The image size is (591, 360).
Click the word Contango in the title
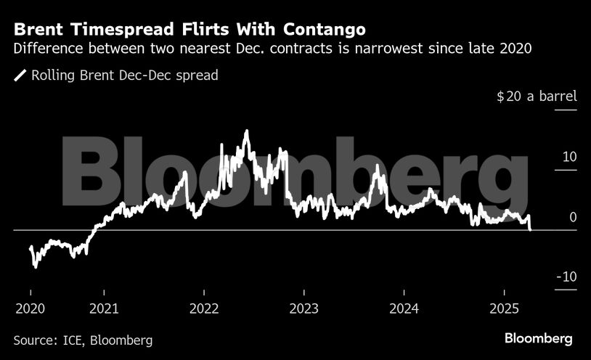tap(322, 30)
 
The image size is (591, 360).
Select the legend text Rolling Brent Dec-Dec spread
tap(125, 75)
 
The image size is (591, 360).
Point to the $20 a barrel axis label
tap(537, 97)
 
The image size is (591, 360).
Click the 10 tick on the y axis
tap(569, 157)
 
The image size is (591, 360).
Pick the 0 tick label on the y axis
tap(573, 217)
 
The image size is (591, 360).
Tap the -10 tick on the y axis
tap(566, 277)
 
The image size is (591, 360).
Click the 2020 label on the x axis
tap(30, 308)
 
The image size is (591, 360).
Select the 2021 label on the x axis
tap(105, 308)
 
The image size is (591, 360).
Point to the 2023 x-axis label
tap(304, 308)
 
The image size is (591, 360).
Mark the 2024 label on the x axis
tap(404, 308)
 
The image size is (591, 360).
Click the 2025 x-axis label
tap(504, 308)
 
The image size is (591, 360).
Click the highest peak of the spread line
tap(247, 131)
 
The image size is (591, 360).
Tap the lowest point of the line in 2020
tap(35, 266)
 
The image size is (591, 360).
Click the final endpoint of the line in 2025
tap(530, 229)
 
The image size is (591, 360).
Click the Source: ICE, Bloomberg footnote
tap(83, 340)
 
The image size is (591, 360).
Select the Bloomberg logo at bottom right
tap(539, 339)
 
